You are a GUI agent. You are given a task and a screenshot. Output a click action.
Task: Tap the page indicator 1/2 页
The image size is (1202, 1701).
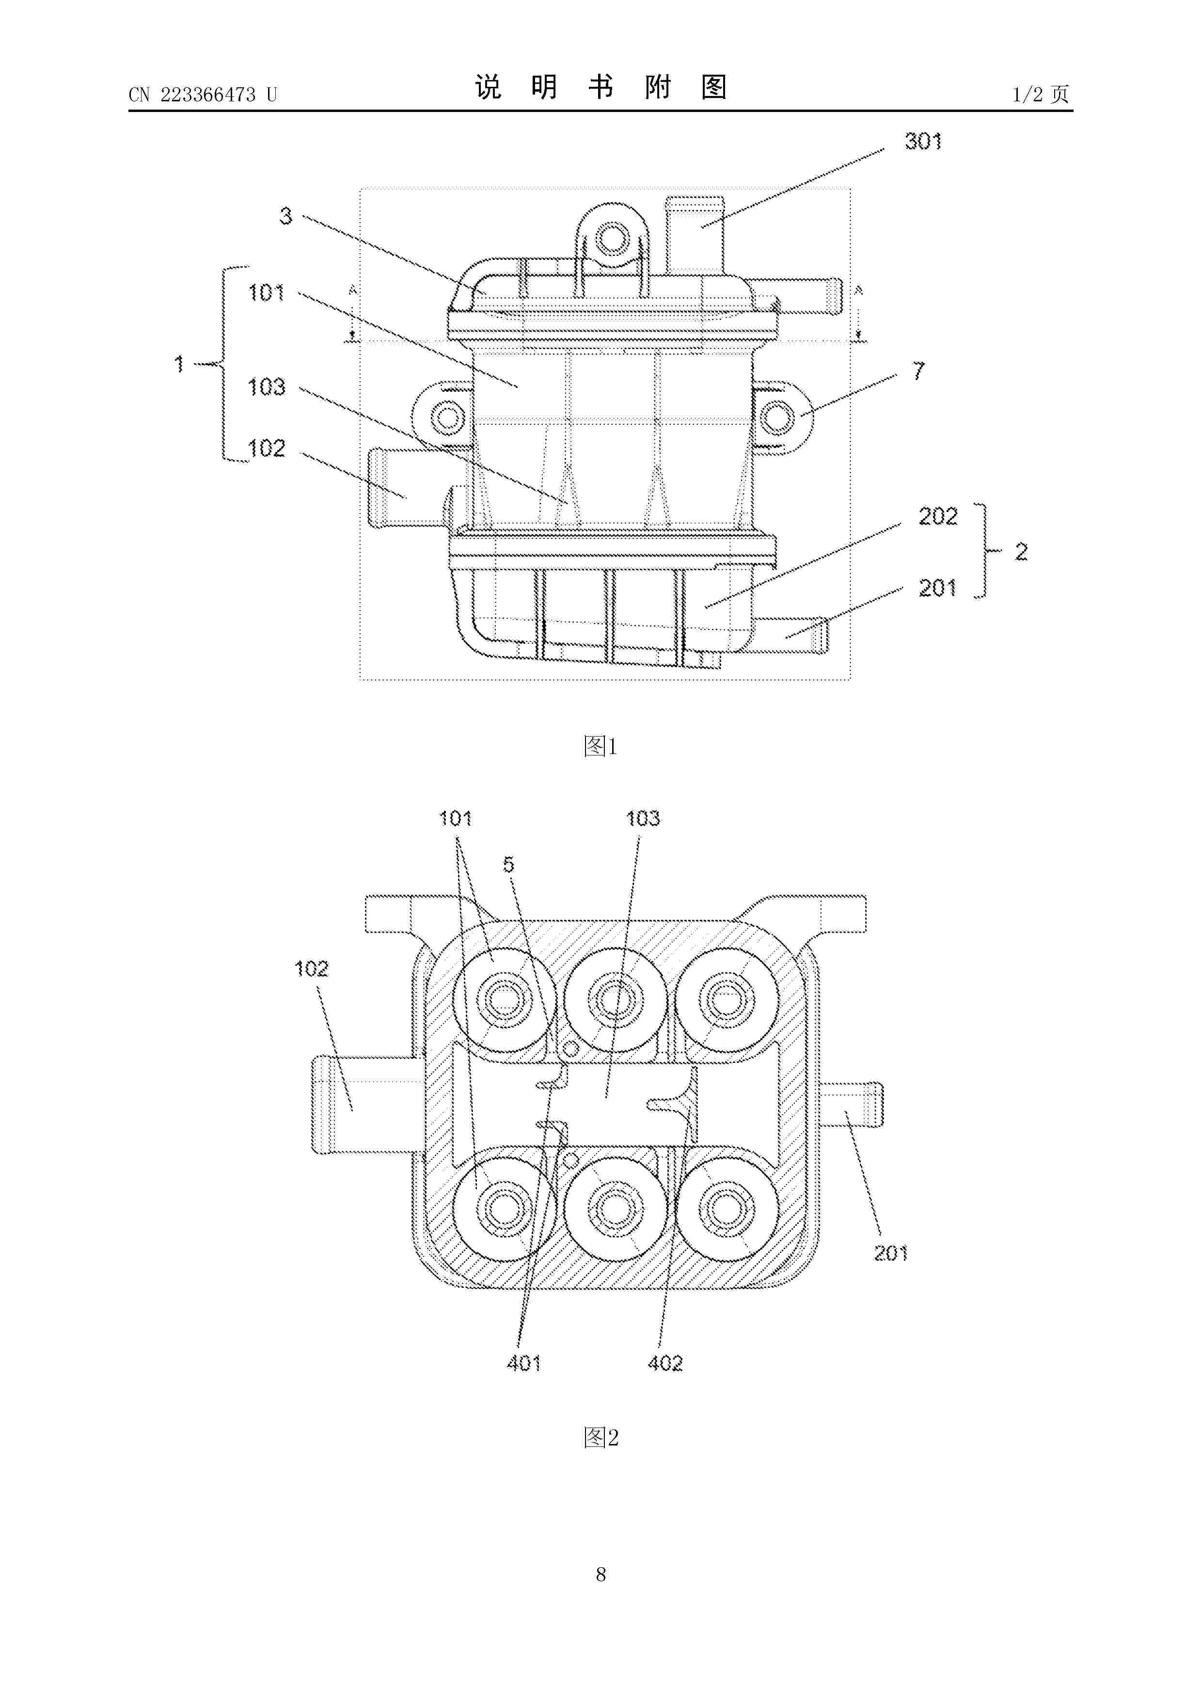pos(1041,94)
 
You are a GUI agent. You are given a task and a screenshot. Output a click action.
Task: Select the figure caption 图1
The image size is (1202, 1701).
pos(601,746)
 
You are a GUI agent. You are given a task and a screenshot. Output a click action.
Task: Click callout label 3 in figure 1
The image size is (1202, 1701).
pos(286,216)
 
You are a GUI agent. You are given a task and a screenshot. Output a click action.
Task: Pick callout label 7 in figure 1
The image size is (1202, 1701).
pos(918,370)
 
